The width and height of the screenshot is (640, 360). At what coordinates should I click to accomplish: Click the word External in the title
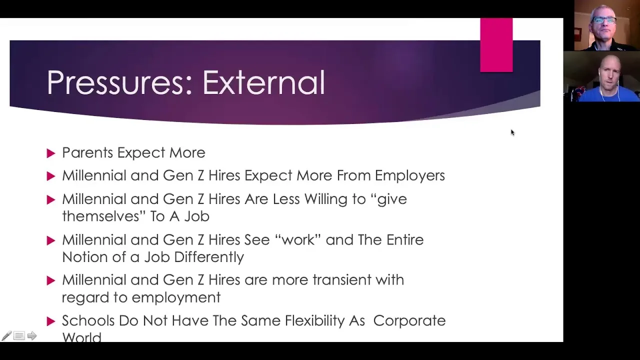[x=263, y=82]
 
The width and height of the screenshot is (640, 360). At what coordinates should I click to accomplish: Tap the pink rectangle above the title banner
[x=496, y=45]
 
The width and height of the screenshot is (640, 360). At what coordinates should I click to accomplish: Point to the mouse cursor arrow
[x=512, y=132]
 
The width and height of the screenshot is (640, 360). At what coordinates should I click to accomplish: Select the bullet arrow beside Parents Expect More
[x=51, y=153]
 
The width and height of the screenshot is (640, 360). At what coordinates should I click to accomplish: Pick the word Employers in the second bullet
[x=409, y=176]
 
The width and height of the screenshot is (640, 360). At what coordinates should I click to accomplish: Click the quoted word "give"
[x=390, y=199]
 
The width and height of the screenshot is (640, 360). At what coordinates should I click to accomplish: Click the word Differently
[x=209, y=257]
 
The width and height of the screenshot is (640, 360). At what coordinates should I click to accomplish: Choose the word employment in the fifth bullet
[x=175, y=298]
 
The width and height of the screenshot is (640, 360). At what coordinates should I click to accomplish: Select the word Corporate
[x=409, y=321]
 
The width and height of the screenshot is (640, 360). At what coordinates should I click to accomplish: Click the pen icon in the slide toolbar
[x=6, y=335]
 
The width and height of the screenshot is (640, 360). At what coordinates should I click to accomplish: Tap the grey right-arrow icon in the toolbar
[x=32, y=335]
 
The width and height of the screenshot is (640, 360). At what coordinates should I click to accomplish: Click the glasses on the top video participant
[x=604, y=20]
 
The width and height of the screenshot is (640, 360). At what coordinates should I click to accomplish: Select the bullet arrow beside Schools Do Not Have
[x=51, y=321]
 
